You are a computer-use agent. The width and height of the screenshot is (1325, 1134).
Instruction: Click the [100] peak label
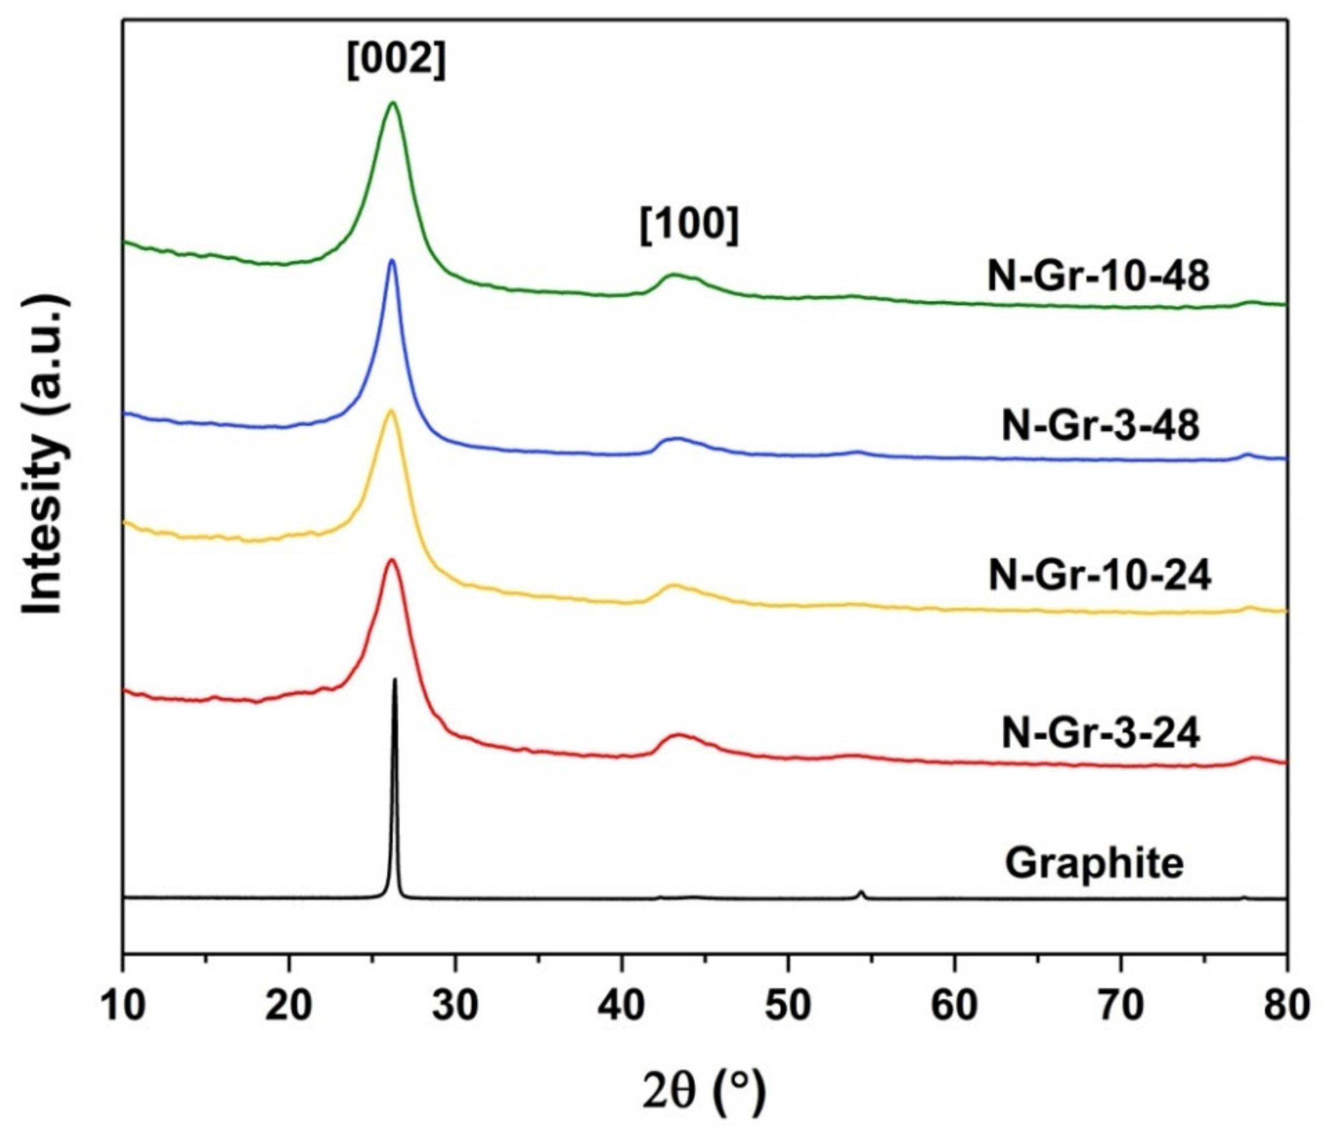pyautogui.click(x=689, y=227)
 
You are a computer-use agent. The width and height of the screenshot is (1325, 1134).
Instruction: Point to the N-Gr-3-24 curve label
pyautogui.click(x=1100, y=734)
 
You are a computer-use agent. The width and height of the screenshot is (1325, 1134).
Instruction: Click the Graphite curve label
pyautogui.click(x=1094, y=864)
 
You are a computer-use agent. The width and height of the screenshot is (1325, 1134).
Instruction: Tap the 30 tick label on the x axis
pyautogui.click(x=456, y=1006)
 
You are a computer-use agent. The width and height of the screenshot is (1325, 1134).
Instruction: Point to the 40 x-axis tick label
pyautogui.click(x=621, y=1006)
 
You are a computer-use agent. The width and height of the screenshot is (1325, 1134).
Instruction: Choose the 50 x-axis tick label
pyautogui.click(x=788, y=1006)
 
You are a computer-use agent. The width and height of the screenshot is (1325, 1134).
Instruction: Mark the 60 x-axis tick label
pyautogui.click(x=954, y=1006)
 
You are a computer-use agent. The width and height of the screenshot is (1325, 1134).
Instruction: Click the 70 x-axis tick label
pyautogui.click(x=1121, y=1006)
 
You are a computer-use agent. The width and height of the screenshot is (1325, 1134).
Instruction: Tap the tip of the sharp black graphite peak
pyautogui.click(x=395, y=680)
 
